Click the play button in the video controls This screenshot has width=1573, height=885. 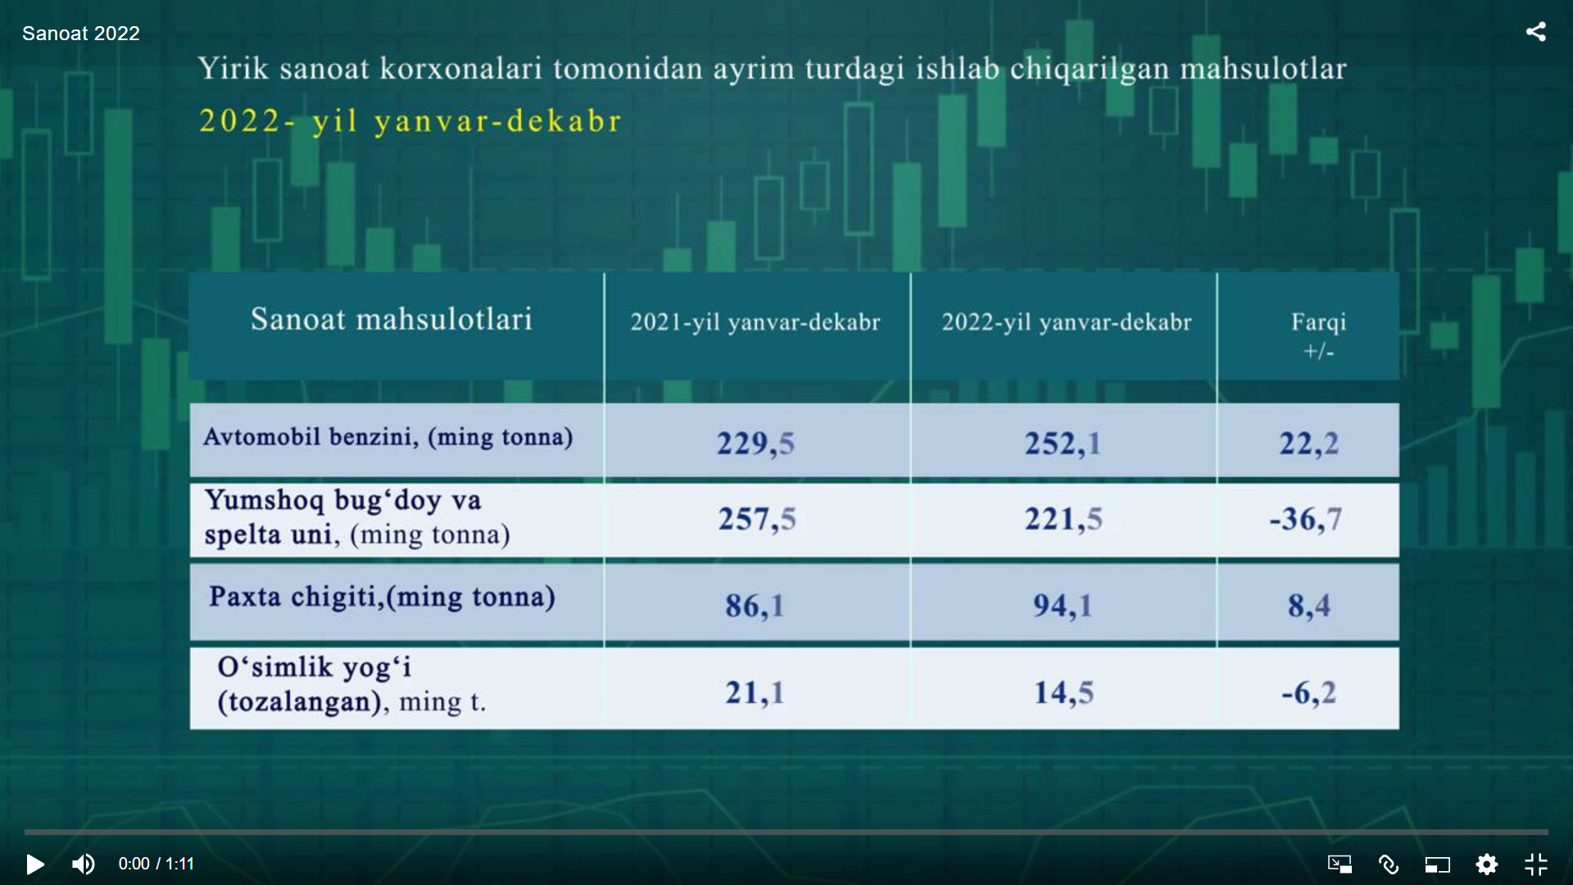35,864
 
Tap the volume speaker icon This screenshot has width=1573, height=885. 83,864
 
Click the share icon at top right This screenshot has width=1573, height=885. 1536,32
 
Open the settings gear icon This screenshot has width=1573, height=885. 1487,864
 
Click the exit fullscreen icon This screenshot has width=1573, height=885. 1536,864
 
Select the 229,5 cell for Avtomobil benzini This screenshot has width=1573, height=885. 755,443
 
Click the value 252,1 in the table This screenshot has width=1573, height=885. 1063,443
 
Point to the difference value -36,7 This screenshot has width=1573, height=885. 1306,519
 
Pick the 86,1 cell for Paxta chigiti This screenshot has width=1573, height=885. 755,606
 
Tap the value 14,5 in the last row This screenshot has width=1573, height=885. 1063,692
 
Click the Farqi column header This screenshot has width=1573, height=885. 1319,334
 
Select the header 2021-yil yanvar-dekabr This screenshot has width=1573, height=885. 755,322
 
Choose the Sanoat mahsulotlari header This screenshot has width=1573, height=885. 392,319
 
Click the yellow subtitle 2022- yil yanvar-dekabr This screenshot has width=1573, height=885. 410,121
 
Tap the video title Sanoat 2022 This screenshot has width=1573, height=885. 81,33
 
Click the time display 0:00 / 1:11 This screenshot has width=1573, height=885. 156,864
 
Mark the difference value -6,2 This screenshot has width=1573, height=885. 1308,692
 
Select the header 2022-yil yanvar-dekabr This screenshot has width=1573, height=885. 1067,322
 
